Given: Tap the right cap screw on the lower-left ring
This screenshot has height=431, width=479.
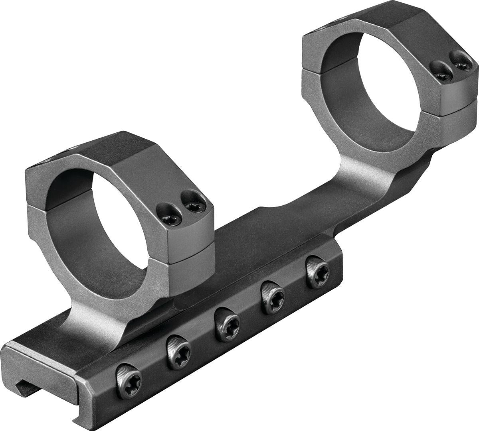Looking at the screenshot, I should (x=193, y=206).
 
